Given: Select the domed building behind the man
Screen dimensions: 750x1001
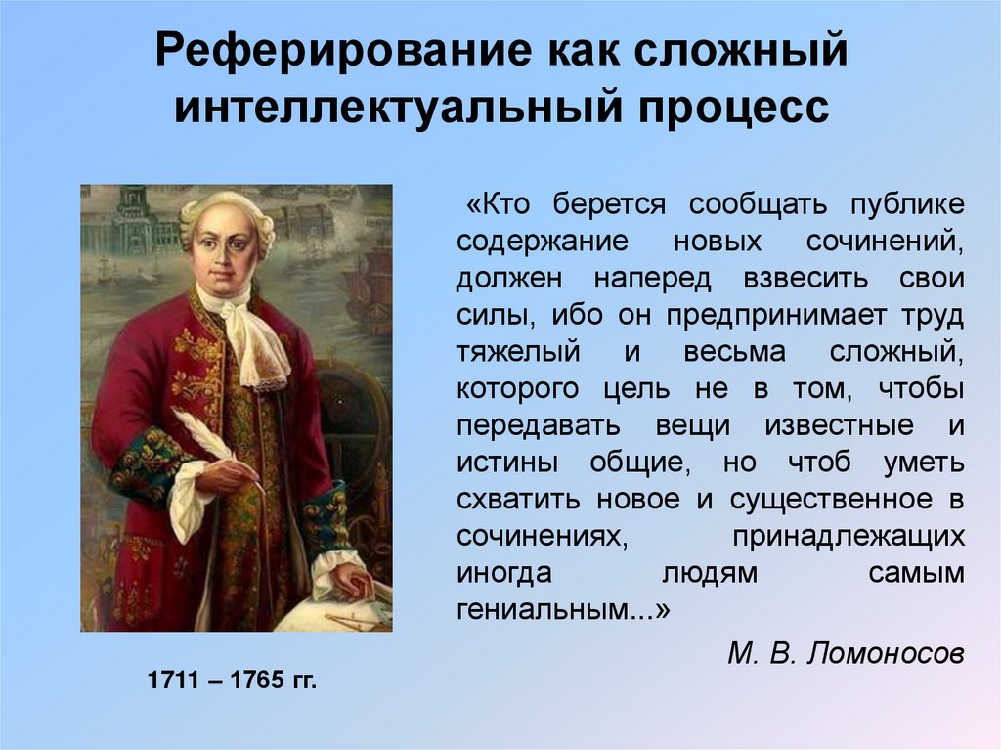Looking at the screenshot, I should point(127,220).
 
